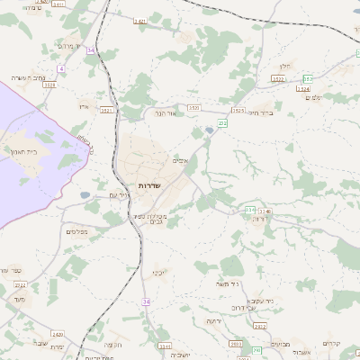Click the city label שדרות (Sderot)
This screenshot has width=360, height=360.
coord(148,184)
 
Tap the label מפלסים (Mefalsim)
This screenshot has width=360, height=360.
coord(76,231)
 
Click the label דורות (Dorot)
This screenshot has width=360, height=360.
coord(261,218)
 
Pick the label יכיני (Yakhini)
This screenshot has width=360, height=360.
coord(158,270)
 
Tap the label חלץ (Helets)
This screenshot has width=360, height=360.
coord(287,66)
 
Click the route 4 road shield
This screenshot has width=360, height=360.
coord(61,68)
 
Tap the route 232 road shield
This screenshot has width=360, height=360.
coord(222,122)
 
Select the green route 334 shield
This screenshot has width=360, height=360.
coord(249,210)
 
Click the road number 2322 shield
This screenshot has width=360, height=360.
coord(278,80)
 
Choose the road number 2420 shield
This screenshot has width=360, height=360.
coord(58,333)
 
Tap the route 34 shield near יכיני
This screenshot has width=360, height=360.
coord(144,301)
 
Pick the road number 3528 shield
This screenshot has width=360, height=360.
coord(49,85)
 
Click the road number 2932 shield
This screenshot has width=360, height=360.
coord(258,350)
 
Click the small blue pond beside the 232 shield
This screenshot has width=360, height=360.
coord(210,130)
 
